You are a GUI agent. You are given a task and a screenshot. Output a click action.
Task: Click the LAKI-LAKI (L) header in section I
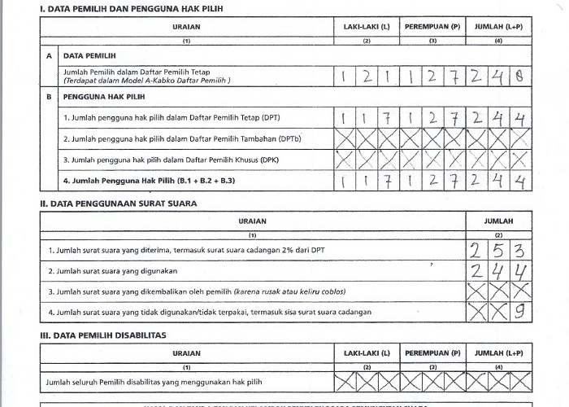367,27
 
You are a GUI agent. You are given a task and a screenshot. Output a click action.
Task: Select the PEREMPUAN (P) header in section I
432,27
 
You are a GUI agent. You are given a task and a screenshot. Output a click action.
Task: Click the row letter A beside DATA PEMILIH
50,56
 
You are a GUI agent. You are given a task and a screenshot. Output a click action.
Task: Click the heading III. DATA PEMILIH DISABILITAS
102,335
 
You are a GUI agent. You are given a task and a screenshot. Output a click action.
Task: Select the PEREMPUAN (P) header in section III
432,353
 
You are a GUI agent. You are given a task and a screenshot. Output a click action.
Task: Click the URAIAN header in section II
253,221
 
